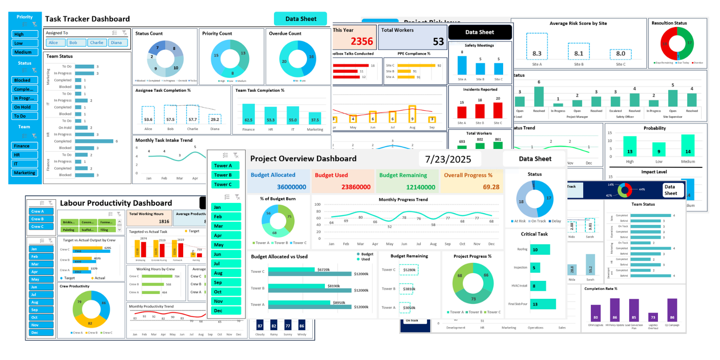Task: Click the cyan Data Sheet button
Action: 301,19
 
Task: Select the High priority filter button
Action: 25,34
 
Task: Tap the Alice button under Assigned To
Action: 54,43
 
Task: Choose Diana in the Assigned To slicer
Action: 117,43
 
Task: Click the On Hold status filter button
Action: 25,107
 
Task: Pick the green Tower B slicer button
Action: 223,175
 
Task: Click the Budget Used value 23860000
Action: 355,187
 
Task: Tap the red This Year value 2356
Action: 362,41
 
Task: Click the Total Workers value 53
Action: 438,42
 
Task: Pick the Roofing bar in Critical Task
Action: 540,250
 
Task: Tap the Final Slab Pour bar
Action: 543,304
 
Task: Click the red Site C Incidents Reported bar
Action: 498,111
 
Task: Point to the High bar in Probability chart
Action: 630,147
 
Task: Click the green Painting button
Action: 69,230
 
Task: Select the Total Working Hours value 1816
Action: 164,221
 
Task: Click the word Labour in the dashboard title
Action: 73,203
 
